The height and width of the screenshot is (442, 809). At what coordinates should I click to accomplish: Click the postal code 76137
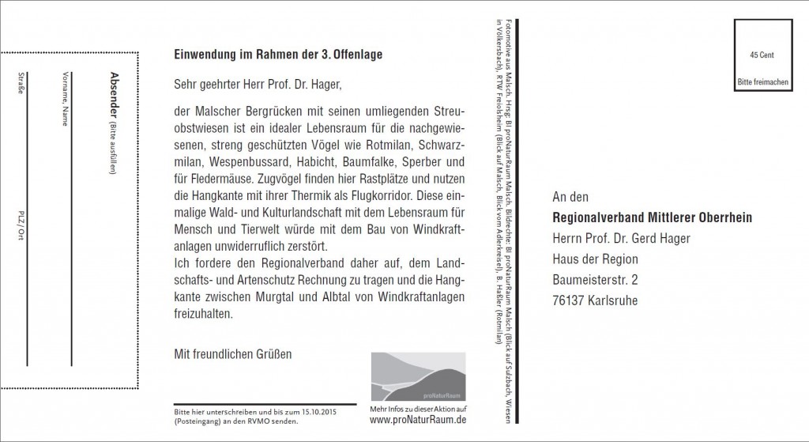click(568, 300)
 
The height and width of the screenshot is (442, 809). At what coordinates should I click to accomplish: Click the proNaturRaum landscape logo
click(416, 377)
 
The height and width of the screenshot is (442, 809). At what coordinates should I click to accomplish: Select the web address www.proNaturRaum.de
click(417, 419)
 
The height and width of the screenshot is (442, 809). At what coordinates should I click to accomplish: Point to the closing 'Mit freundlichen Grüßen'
click(233, 353)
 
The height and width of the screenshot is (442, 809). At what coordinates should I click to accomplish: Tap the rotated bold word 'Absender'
click(115, 92)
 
